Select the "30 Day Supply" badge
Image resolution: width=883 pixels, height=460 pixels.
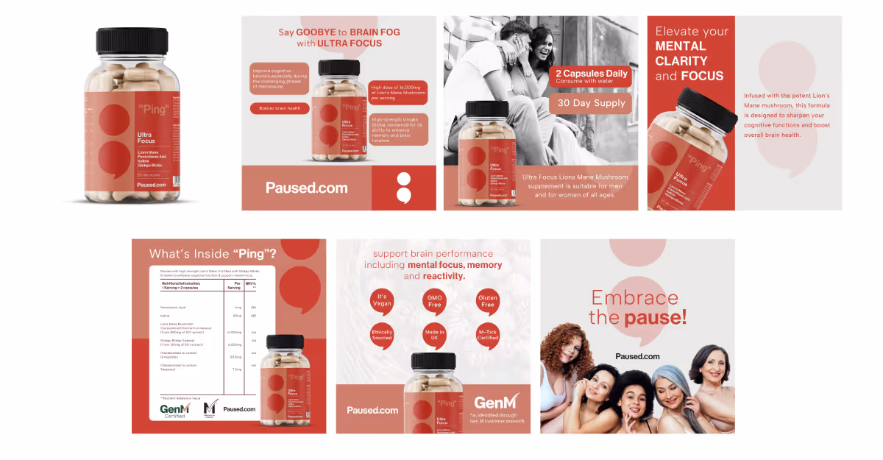point(591,103)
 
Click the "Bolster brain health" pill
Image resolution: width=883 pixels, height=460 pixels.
point(279,109)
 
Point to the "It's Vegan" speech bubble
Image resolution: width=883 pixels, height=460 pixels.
point(382,300)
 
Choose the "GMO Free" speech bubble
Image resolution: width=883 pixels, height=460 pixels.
point(434,300)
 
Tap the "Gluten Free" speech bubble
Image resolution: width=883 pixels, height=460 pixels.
point(488,300)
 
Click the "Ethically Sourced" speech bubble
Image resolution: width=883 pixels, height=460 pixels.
point(382,333)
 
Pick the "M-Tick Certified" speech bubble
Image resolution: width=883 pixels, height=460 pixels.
point(488,334)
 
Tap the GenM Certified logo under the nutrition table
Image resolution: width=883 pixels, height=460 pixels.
point(176,410)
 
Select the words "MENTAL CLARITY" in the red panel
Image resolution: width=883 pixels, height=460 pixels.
point(681,54)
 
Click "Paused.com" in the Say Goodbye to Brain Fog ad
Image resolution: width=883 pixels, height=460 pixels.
point(306,188)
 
